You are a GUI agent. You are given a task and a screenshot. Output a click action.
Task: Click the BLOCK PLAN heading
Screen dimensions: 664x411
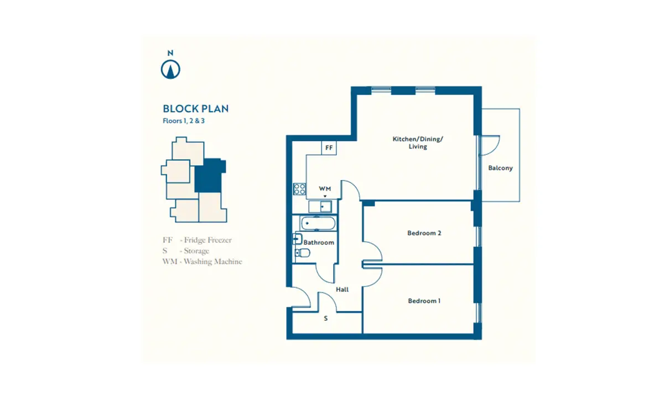[x=196, y=109]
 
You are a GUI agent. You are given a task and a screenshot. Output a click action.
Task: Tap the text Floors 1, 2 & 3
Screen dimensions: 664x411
[x=184, y=121]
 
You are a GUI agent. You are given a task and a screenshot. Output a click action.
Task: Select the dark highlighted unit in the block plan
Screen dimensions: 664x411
[x=209, y=176]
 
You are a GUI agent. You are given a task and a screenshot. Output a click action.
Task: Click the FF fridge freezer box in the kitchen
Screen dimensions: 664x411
[x=329, y=148]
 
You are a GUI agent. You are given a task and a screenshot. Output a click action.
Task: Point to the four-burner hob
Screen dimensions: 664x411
[x=299, y=189]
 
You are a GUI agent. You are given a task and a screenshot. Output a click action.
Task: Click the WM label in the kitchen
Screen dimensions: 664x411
[x=325, y=189]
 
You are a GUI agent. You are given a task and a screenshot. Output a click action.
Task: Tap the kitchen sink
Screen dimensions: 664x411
[x=320, y=207]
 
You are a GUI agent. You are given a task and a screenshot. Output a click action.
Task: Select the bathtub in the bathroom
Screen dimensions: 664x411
[x=318, y=223]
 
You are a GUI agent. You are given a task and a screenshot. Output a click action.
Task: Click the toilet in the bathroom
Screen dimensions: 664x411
[x=302, y=253]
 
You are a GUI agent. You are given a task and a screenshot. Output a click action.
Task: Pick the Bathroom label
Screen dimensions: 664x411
[x=319, y=243]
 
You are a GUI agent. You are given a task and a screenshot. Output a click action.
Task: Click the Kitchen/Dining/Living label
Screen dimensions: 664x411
[x=418, y=143]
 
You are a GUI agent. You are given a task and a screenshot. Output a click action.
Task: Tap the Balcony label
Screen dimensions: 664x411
[x=500, y=168]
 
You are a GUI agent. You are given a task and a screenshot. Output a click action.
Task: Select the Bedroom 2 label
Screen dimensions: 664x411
[x=424, y=233]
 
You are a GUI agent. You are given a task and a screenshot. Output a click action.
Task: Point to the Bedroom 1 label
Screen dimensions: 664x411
[x=424, y=301]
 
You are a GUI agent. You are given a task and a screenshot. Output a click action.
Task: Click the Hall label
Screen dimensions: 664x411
[x=342, y=289]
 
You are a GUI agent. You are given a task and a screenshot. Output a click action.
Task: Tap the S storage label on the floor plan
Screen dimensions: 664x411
[x=326, y=318]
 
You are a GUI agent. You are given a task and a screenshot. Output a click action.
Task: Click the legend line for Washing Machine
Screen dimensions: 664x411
[x=202, y=261]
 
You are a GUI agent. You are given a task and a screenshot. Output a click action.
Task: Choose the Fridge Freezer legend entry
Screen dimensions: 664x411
[x=197, y=240]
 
